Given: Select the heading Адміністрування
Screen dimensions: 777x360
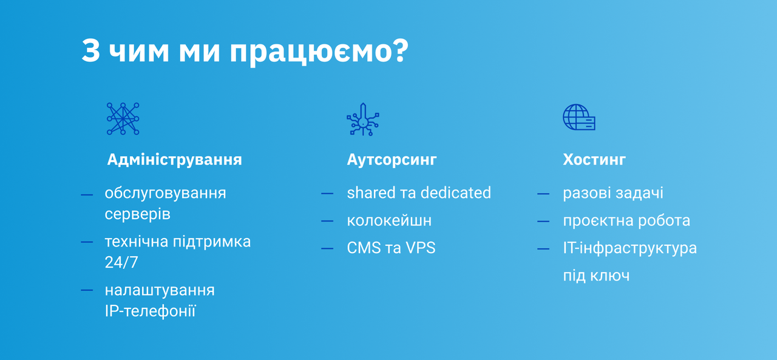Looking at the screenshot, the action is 174,160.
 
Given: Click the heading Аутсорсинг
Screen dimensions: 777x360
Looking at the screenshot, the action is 392,160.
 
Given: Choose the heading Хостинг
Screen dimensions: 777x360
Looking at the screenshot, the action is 594,160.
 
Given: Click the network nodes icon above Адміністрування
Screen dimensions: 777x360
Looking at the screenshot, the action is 123,118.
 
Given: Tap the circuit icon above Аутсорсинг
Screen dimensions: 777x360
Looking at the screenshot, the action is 363,120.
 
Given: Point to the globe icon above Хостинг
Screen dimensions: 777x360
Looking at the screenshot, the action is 579,117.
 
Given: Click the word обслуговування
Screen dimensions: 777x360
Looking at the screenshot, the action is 166,193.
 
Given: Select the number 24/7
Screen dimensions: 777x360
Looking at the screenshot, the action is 121,262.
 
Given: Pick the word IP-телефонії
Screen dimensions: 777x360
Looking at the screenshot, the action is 150,311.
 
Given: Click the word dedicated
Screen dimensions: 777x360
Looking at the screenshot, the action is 456,192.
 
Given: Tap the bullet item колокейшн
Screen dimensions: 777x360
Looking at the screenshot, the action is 389,220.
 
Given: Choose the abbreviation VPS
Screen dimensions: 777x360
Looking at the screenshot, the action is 421,248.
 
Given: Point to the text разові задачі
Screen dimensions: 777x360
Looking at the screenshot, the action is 613,193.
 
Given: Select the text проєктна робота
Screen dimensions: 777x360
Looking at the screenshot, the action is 626,221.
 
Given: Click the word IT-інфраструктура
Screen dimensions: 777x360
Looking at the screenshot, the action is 630,248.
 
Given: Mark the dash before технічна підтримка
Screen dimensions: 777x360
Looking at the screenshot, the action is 87,242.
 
